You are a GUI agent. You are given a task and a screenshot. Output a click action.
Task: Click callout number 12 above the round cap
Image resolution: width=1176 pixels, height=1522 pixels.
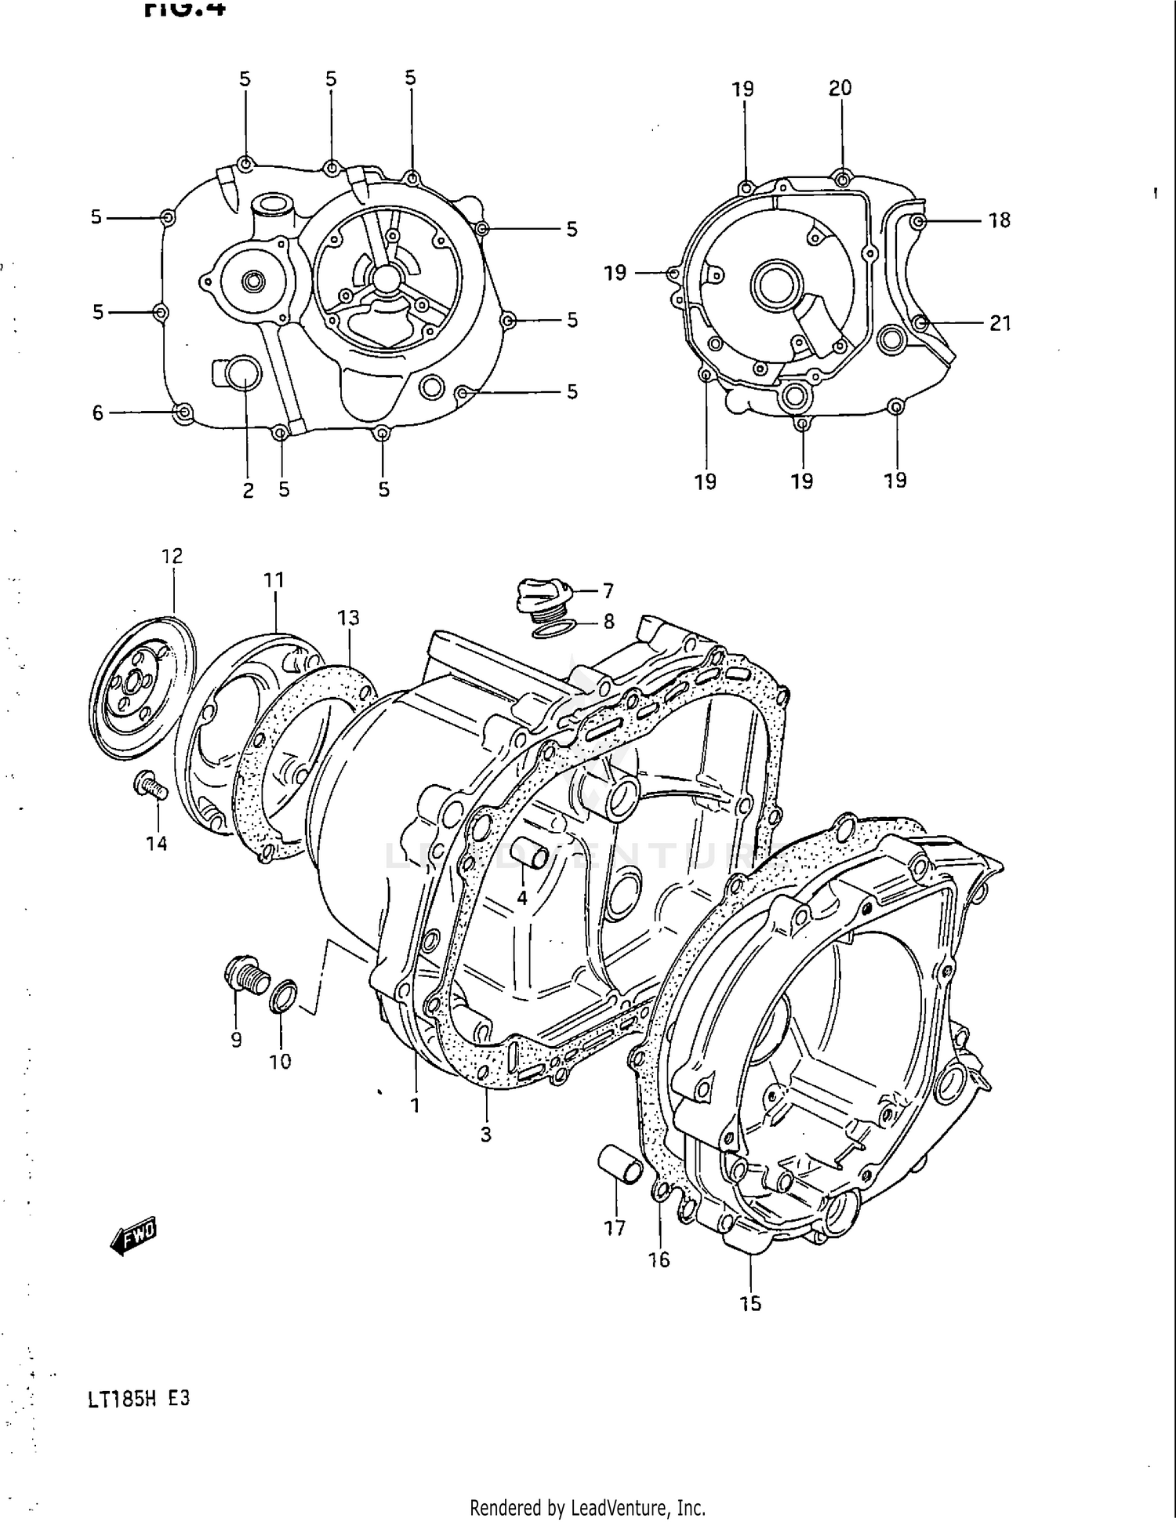(x=172, y=556)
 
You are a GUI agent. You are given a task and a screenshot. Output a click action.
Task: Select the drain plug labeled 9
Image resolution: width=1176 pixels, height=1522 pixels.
(x=244, y=977)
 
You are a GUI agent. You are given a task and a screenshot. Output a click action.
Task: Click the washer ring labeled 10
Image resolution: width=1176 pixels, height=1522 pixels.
(x=283, y=996)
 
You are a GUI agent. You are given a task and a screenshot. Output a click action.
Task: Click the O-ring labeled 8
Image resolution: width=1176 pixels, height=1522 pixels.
(x=554, y=627)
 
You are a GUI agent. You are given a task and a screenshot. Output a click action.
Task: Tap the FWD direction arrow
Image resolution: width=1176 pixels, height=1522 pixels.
(x=134, y=1237)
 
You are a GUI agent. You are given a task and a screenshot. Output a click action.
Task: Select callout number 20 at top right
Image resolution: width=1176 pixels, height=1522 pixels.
(x=840, y=89)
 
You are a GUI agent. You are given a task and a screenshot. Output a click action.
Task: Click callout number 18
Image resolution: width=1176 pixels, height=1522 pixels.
(x=999, y=220)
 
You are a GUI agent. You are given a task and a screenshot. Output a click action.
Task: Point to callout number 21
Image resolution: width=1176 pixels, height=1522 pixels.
(x=1000, y=323)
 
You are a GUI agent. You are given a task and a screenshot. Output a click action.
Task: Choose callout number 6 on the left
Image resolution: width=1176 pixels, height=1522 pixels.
(x=98, y=412)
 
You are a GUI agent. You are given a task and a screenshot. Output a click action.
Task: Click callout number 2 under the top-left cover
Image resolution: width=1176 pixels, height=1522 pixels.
(x=248, y=490)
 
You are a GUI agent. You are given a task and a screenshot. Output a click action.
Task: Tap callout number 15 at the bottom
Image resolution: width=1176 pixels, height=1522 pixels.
(x=750, y=1303)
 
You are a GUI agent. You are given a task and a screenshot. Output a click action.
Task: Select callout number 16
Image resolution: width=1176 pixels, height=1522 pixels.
(x=659, y=1259)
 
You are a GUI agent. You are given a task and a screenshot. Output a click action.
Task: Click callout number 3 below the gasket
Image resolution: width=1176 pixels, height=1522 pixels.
(x=486, y=1134)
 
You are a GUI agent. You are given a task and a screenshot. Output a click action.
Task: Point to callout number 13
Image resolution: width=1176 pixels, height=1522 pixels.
(x=348, y=618)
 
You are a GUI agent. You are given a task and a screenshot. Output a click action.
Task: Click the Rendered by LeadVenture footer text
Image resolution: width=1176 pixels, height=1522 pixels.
(x=587, y=1507)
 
